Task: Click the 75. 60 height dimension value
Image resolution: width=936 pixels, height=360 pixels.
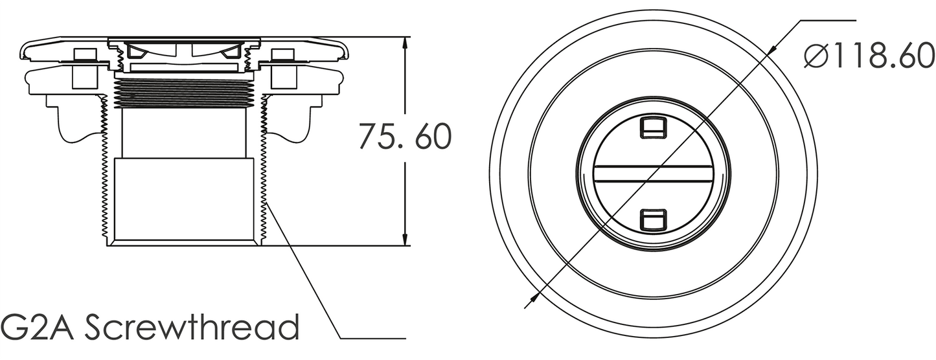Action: coord(405,136)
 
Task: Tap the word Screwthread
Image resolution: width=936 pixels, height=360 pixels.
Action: coord(192,327)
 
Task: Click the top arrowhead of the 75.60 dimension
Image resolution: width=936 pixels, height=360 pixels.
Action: coord(405,44)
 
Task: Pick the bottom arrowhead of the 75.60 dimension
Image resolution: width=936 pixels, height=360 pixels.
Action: coord(405,238)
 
